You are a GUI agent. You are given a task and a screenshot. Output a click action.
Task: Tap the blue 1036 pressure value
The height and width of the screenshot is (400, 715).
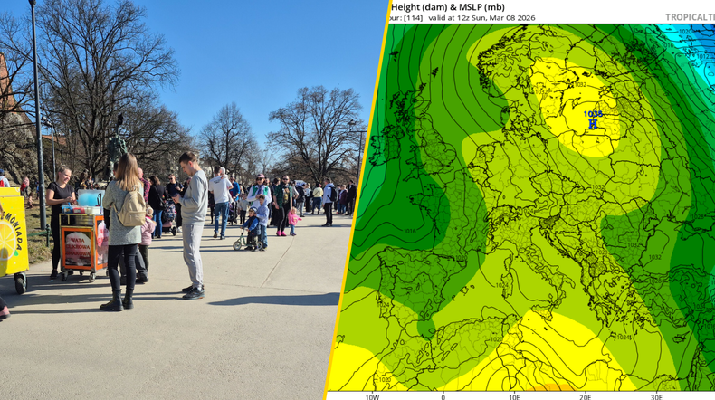pyautogui.click(x=594, y=114)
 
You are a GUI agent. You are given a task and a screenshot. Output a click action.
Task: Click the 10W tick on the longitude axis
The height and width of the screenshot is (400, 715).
pyautogui.click(x=372, y=395)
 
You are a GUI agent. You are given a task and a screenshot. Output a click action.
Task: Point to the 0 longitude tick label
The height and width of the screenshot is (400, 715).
pyautogui.click(x=443, y=395)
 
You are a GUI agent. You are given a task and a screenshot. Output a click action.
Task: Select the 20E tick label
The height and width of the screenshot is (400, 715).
pyautogui.click(x=586, y=395)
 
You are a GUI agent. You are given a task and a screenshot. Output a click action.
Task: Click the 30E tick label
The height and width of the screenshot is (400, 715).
pyautogui.click(x=657, y=395)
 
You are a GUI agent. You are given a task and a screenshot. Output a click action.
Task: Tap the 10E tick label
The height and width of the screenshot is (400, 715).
pyautogui.click(x=514, y=395)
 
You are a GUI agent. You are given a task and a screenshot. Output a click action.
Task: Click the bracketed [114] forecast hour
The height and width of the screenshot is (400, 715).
pyautogui.click(x=413, y=17)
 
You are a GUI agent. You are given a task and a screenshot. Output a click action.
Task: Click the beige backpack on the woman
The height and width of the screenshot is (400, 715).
pyautogui.click(x=131, y=209)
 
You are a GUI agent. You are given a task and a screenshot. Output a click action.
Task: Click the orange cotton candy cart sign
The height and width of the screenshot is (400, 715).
pyautogui.click(x=80, y=246)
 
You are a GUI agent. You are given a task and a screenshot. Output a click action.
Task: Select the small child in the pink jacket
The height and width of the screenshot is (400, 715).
pyautogui.click(x=292, y=219)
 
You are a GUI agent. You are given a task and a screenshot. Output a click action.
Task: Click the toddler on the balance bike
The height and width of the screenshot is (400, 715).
pyautogui.click(x=251, y=226)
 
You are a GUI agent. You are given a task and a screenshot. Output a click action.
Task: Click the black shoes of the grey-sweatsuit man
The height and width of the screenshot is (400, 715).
pyautogui.click(x=194, y=291)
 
